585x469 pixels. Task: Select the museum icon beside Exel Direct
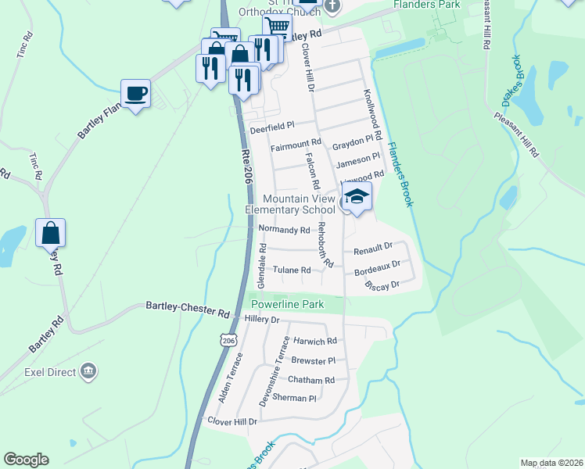[x=88, y=370]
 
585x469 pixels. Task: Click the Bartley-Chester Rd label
[x=187, y=309]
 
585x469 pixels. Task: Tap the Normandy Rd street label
[x=284, y=231]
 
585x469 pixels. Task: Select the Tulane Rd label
[x=292, y=270]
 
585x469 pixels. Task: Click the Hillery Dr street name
[x=262, y=320]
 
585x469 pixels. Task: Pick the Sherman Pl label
[x=294, y=398]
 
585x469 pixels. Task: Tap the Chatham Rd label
[x=311, y=380]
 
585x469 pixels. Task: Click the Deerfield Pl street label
[x=271, y=125]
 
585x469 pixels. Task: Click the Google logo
[x=26, y=460]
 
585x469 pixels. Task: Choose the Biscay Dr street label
[x=382, y=286]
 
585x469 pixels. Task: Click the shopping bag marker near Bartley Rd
[x=50, y=233]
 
